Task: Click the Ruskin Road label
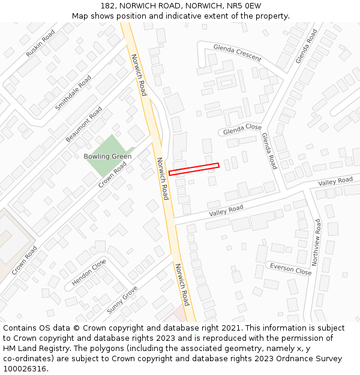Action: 40,43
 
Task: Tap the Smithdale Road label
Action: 73,92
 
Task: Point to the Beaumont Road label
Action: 84,124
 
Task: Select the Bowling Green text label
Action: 107,157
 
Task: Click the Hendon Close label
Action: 89,272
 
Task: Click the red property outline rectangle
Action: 194,169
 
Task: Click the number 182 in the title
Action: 108,5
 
